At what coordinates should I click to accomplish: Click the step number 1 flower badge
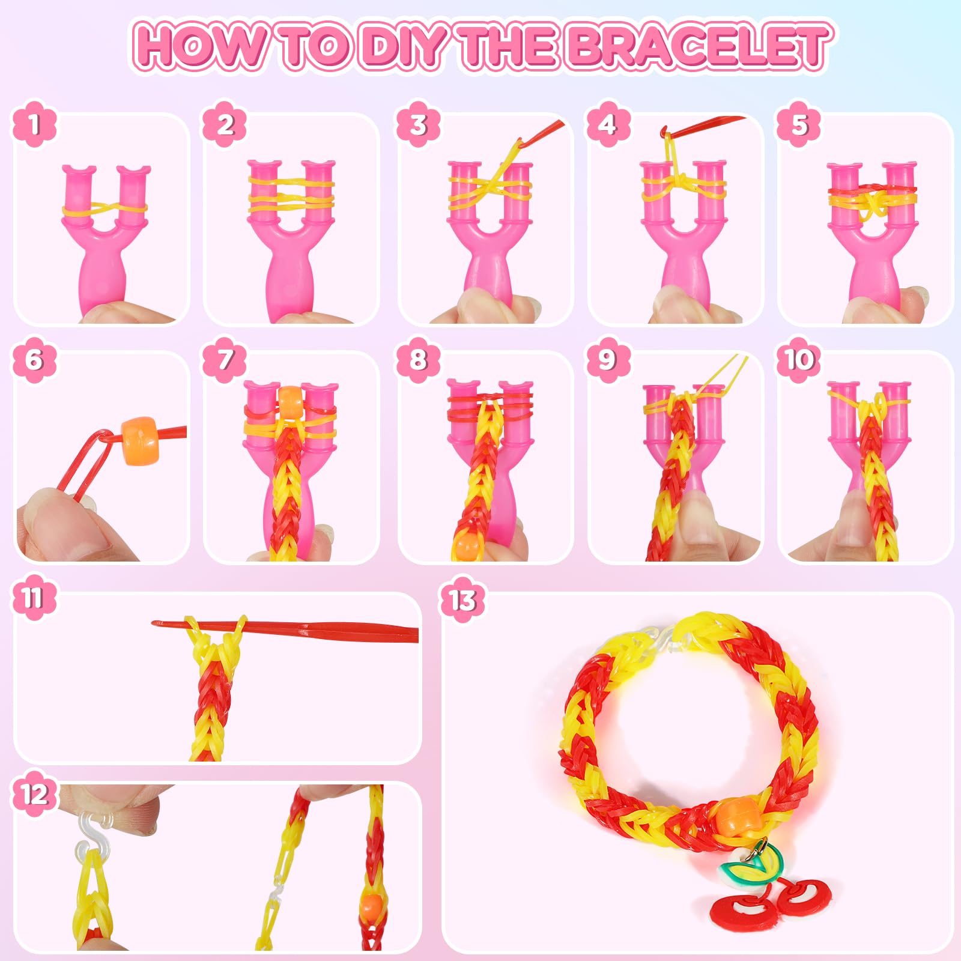35,124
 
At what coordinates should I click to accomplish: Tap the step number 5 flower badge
799,124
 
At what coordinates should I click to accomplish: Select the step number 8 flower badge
418,359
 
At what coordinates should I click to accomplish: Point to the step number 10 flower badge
799,359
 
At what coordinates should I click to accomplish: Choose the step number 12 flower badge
35,794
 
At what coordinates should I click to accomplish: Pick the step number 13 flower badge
462,599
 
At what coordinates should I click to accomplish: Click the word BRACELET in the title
699,46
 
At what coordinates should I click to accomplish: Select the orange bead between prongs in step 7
291,402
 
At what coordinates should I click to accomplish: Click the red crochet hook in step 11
286,629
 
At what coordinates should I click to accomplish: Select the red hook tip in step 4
664,131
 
